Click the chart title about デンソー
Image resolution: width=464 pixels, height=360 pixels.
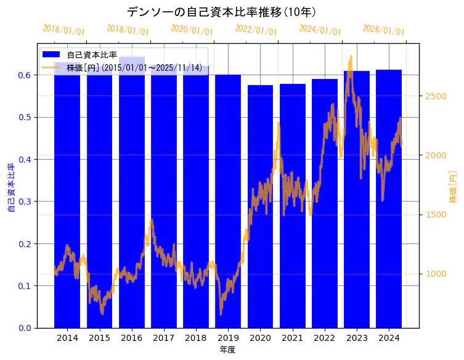221,12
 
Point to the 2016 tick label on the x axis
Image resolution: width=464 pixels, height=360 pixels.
131,338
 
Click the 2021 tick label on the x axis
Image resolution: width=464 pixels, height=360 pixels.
292,338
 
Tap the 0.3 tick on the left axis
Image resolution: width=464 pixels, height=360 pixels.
25,202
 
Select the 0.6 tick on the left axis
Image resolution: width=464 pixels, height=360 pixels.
25,75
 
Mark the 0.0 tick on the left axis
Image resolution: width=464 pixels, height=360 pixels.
25,328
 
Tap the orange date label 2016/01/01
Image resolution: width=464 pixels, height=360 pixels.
64,30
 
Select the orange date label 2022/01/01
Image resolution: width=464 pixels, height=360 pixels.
256,30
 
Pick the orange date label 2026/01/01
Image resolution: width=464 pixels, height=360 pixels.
383,30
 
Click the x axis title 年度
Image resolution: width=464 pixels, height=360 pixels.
227,350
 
